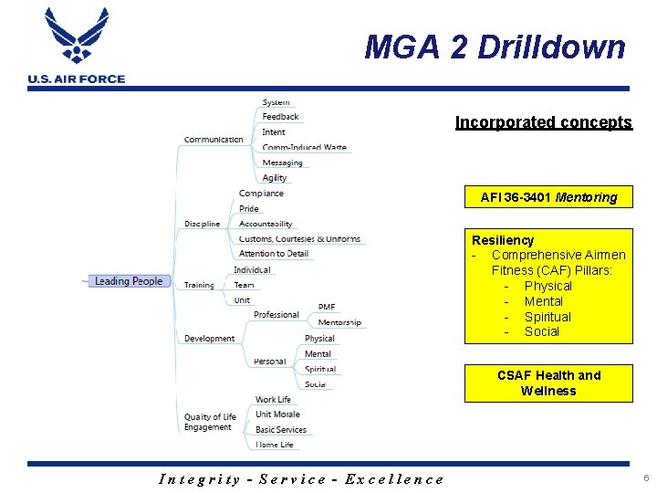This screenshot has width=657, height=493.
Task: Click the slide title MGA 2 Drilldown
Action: click(495, 47)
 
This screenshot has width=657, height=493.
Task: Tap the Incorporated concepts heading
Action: click(543, 122)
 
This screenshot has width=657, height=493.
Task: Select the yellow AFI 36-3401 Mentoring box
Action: click(548, 196)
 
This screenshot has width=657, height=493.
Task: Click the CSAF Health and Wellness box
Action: click(548, 383)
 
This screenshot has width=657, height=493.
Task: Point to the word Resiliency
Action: click(503, 240)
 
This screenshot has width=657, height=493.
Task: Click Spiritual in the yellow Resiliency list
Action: click(547, 317)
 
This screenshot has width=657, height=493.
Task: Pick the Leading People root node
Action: click(128, 281)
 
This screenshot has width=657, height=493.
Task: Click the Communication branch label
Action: click(214, 140)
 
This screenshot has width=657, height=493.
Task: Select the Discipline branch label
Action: click(202, 224)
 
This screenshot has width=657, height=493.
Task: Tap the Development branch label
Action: click(209, 339)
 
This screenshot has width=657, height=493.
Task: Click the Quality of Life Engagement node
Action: click(210, 422)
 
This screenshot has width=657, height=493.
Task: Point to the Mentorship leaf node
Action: click(339, 322)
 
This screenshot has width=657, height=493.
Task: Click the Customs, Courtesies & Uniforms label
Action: click(299, 239)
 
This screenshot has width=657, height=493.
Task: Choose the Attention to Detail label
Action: click(274, 254)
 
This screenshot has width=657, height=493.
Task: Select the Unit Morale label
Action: click(277, 414)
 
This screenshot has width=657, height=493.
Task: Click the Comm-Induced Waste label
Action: click(304, 147)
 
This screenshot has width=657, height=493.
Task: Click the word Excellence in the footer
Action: click(394, 478)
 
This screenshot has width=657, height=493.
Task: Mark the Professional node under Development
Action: click(276, 315)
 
